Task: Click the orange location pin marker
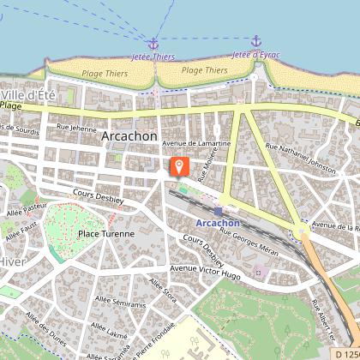(179, 166)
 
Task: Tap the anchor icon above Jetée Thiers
(153, 44)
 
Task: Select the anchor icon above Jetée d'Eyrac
(255, 41)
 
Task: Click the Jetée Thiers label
(153, 57)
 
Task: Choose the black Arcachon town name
(129, 135)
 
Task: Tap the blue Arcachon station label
(218, 223)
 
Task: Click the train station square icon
(219, 210)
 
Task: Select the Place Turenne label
(105, 233)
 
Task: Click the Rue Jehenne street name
(76, 128)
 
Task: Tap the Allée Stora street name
(163, 289)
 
